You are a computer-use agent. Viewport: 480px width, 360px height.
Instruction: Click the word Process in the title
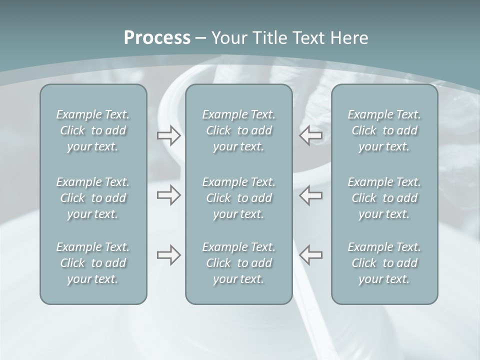coord(157,37)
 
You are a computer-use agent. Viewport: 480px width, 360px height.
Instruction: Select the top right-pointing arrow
coord(168,135)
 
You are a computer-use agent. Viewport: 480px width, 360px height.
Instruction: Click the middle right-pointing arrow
coord(168,195)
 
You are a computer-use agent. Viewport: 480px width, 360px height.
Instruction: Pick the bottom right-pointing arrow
coord(168,255)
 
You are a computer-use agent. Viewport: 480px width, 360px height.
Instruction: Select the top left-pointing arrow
coord(310,135)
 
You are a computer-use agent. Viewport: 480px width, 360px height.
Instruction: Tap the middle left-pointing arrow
coord(310,195)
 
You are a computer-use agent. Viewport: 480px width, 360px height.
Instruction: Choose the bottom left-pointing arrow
coord(310,255)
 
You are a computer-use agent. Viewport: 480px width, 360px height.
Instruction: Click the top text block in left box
coord(93,130)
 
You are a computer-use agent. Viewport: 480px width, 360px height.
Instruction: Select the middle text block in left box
coord(93,198)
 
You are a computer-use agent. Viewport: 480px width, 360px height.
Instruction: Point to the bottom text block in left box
coord(93,263)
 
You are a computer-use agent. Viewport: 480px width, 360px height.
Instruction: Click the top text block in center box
coord(239,130)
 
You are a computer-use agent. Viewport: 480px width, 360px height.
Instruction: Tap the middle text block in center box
coord(239,198)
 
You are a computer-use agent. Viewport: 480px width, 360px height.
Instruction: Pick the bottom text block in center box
coord(239,263)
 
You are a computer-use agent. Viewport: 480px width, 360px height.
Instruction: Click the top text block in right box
coord(384,130)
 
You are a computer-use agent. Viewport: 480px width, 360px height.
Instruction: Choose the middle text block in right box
coord(384,198)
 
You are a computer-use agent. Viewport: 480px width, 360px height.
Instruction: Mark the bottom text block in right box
coord(384,263)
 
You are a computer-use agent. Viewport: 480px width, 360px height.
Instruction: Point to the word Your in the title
coord(227,37)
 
